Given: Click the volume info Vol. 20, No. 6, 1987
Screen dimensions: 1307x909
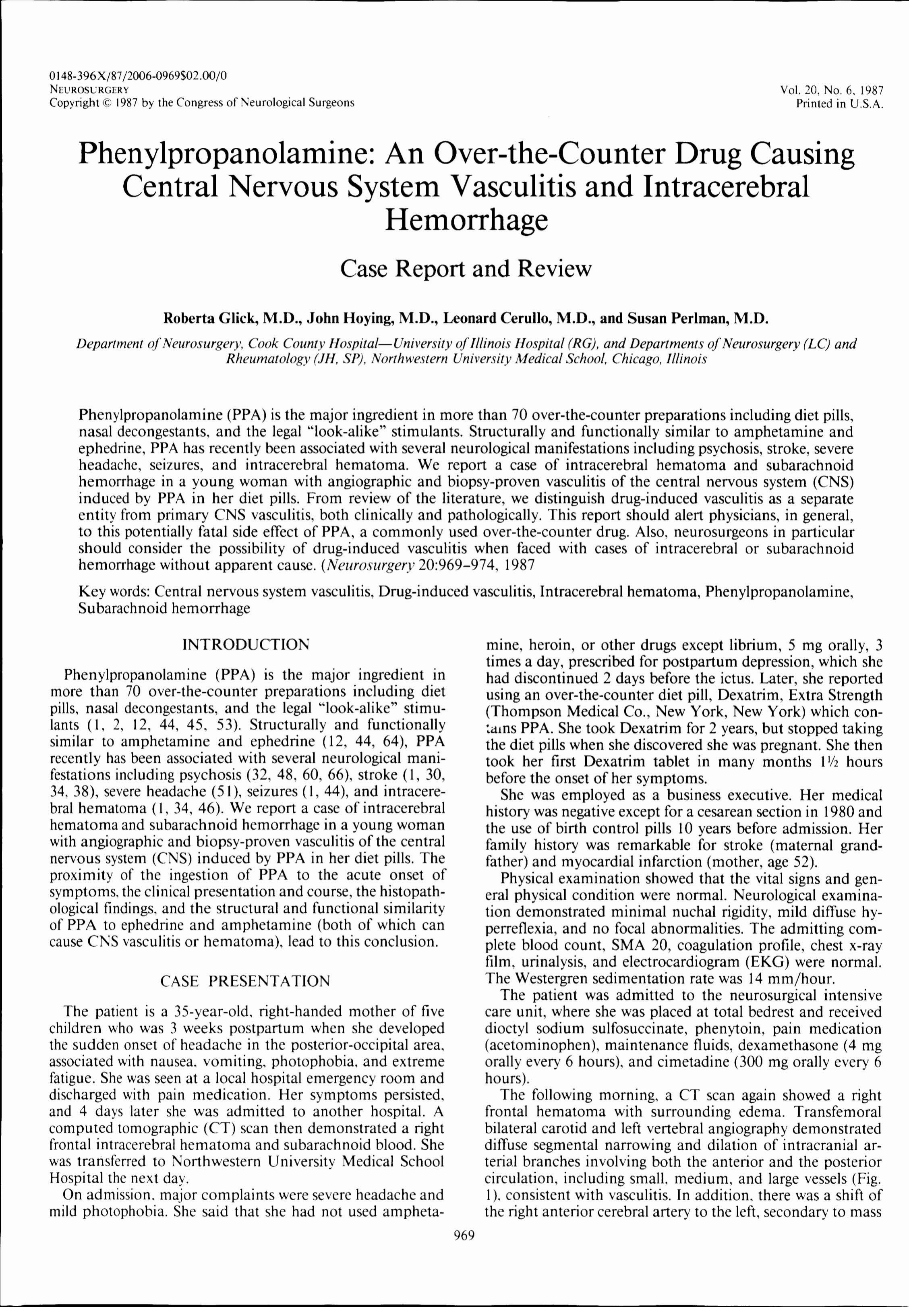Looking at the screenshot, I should click(832, 90).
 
